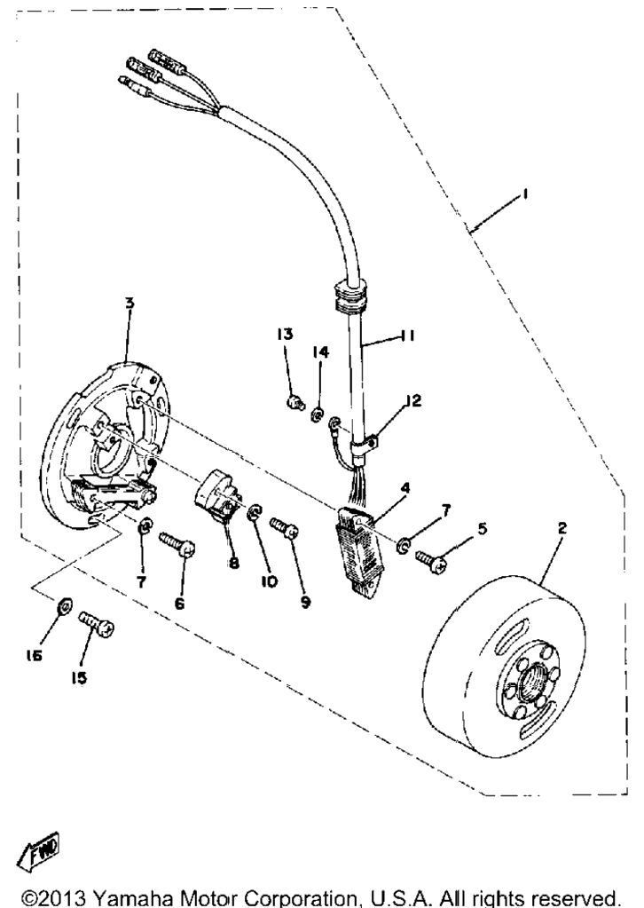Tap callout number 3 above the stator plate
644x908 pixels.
point(130,303)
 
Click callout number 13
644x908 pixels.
point(285,334)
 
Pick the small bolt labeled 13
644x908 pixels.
point(295,401)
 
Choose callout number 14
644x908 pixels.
point(321,352)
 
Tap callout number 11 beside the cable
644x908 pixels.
point(407,336)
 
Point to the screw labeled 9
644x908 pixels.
point(284,525)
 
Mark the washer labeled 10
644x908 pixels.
point(255,514)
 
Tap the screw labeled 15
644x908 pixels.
point(96,624)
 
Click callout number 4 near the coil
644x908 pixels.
point(405,488)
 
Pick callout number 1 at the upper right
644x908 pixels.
point(524,195)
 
